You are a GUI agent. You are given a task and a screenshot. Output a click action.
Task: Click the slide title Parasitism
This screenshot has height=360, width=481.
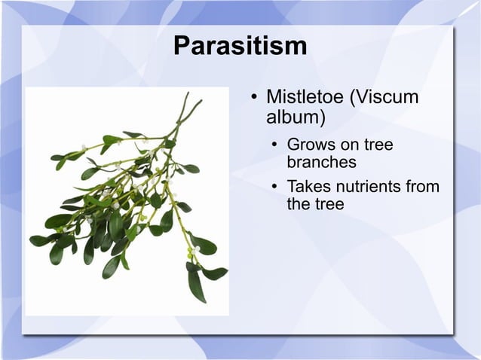click(240, 46)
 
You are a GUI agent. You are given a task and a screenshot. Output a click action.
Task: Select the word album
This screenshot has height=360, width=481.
click(296, 118)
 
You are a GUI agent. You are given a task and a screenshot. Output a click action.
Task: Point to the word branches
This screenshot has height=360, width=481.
click(322, 162)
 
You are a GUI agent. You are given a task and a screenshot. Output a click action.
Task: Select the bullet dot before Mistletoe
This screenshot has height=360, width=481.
click(255, 99)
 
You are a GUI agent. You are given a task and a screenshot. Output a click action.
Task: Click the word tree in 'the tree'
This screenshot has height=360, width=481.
click(329, 203)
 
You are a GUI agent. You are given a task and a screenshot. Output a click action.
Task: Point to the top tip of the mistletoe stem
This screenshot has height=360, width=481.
click(188, 93)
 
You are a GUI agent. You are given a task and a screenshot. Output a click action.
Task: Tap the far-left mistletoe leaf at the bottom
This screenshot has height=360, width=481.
click(38, 241)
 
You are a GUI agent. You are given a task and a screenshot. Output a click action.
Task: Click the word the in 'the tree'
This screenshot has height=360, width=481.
click(299, 203)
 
